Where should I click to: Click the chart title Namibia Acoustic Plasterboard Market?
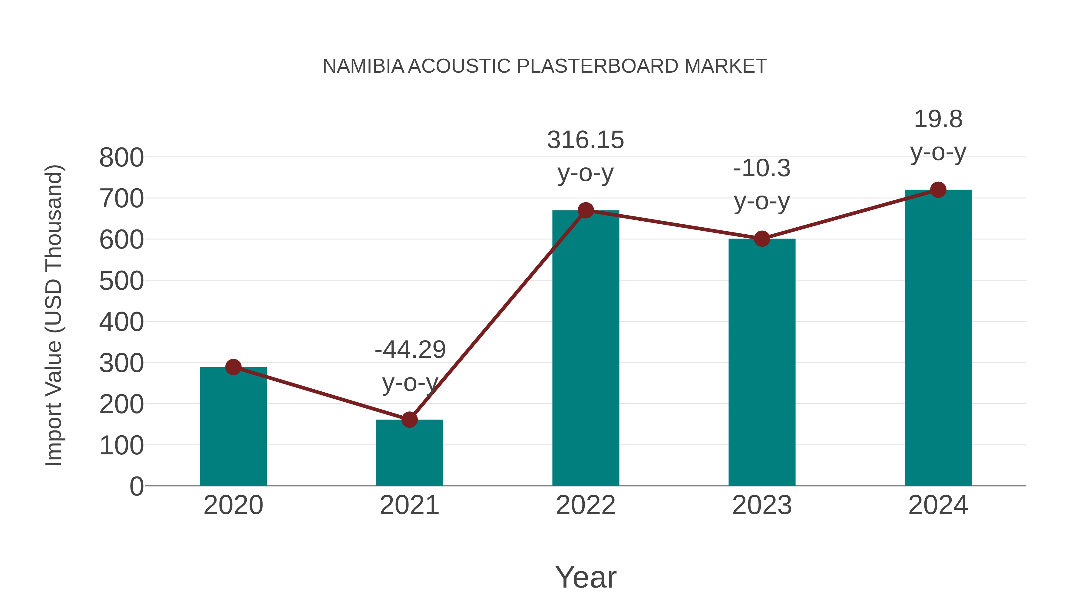coord(545,66)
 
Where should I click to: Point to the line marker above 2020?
coord(233,367)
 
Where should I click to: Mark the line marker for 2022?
coord(586,210)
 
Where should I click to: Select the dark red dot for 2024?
coord(938,190)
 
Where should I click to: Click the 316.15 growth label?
coord(586,140)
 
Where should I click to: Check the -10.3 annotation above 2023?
coord(762,168)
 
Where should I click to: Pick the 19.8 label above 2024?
coord(938,119)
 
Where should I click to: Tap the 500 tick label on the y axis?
coord(121,281)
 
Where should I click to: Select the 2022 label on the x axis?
coord(586,505)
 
